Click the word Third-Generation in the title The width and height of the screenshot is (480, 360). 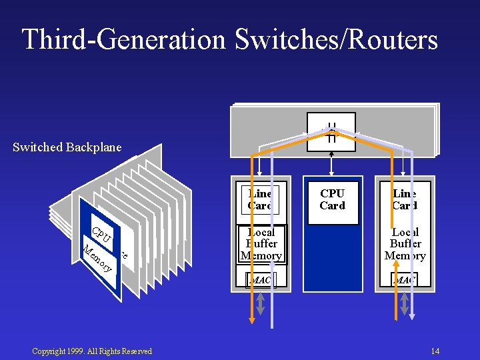pos(125,39)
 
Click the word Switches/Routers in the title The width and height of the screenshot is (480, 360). pos(336,39)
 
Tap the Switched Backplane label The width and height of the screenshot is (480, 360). pos(67,147)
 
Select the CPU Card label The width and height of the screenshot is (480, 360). pos(332,199)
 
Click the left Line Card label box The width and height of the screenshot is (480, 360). pos(261,199)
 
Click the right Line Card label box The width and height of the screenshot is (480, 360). pos(405,199)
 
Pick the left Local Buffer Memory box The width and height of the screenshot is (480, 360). pos(261,244)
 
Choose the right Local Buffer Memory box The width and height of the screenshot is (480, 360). pos(405,244)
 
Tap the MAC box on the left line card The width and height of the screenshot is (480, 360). pos(261,280)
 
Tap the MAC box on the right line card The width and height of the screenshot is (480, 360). pos(404,280)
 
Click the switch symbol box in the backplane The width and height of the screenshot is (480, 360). pos(331,131)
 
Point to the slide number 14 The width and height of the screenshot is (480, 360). pos(435,351)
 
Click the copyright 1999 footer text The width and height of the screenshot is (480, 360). pos(92,351)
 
